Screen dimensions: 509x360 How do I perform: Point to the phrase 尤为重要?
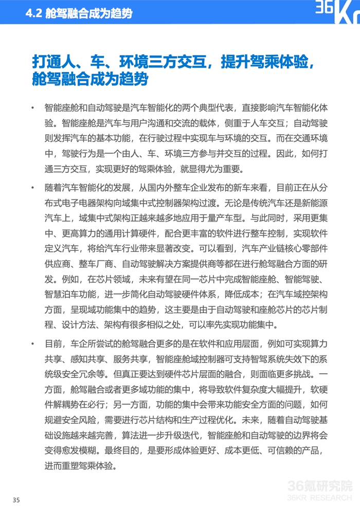[228, 169]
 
